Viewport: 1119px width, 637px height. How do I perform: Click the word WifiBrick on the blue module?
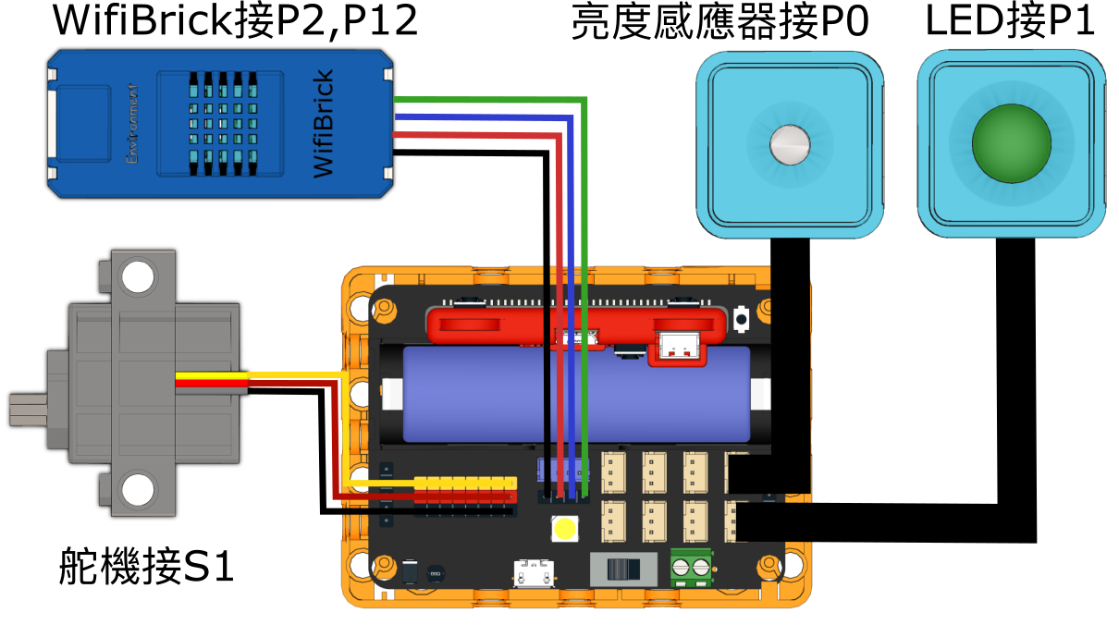[x=323, y=124]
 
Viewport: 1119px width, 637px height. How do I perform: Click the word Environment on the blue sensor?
[x=132, y=124]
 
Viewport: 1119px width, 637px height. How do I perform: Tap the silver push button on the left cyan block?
[x=790, y=144]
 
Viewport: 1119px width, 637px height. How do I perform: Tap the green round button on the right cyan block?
[x=1011, y=143]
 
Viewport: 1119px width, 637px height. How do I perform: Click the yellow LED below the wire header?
[x=563, y=529]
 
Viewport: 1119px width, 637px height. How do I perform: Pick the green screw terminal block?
[x=691, y=566]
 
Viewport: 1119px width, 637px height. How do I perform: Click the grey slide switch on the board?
[x=623, y=567]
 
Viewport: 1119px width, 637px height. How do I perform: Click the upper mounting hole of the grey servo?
[x=138, y=277]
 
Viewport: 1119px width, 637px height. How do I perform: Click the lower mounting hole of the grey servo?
[x=138, y=489]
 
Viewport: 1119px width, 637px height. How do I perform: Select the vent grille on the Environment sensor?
[x=215, y=123]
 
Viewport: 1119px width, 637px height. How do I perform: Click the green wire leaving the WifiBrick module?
[x=481, y=100]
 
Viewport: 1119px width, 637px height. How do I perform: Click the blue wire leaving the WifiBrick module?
[x=481, y=118]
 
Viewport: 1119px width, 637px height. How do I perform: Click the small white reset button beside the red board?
[x=741, y=319]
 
